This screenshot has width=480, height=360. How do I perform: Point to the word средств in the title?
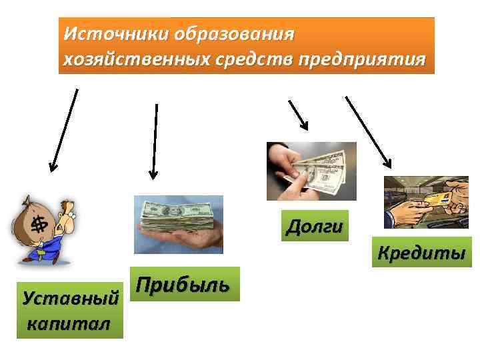(246, 59)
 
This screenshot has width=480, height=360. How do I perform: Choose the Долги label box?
(315, 226)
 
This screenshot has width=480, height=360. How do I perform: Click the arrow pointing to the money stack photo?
(155, 141)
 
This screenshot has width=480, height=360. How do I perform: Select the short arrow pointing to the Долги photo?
(297, 115)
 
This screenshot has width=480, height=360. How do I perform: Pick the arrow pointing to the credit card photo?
(368, 132)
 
